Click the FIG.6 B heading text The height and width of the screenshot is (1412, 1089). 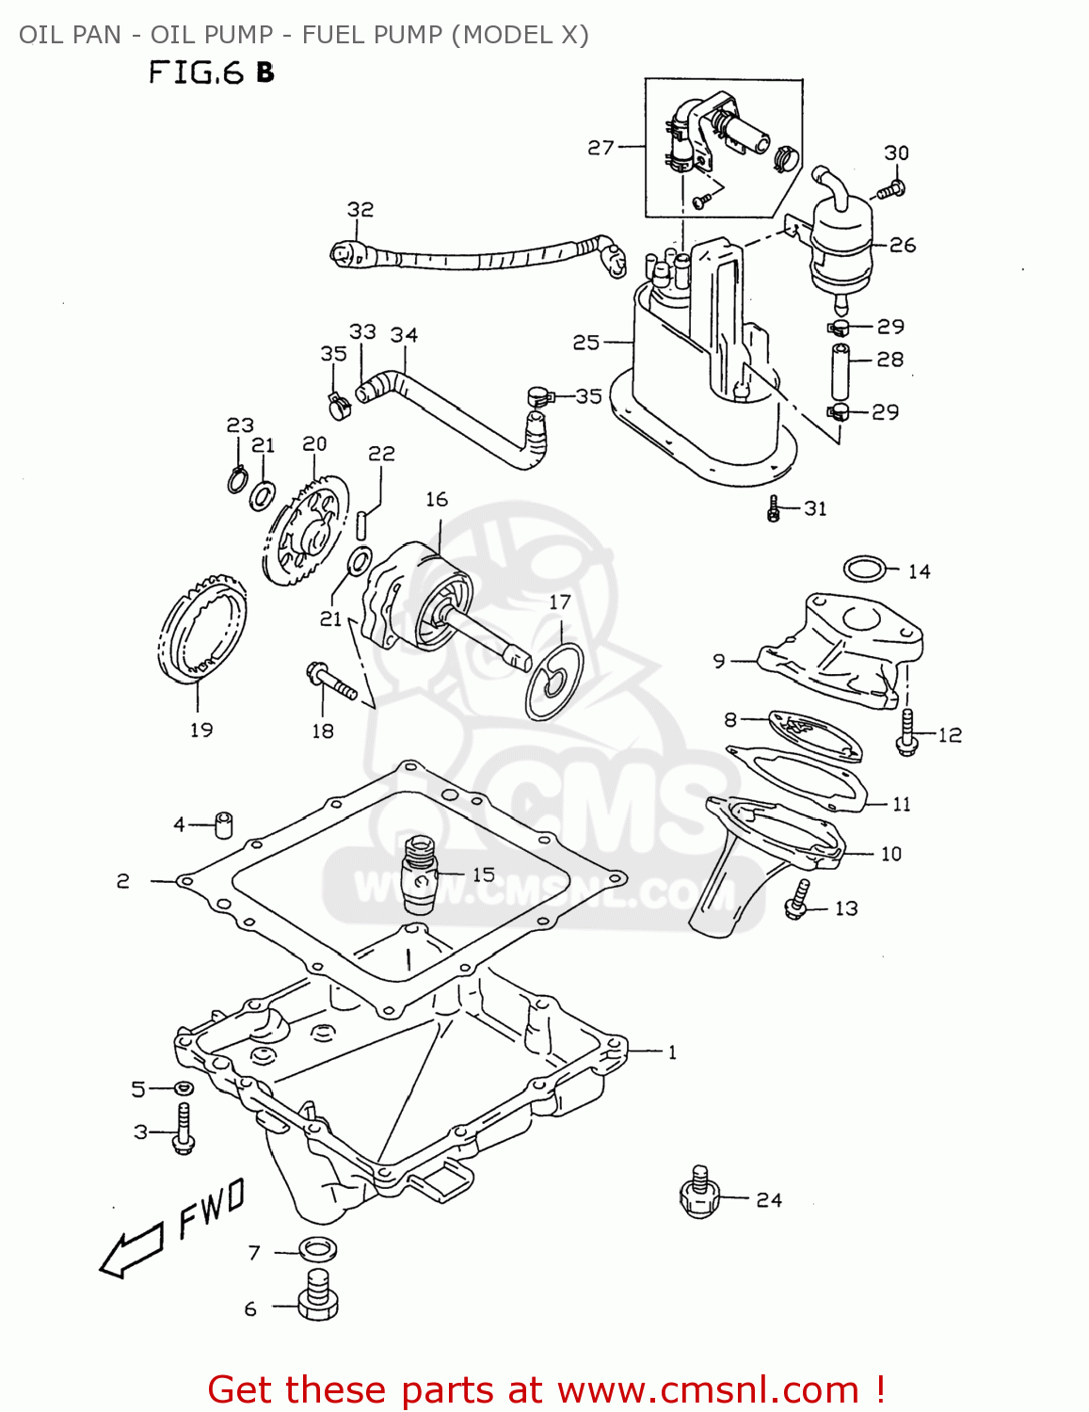tap(211, 72)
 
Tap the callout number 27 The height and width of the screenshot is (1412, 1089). tap(601, 148)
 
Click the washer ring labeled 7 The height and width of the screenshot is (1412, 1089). tap(318, 1251)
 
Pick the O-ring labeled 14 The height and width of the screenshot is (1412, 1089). tap(864, 570)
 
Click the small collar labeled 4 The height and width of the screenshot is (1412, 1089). tap(224, 824)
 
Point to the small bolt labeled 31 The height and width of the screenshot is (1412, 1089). tap(774, 510)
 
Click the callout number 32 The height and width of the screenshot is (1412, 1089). tap(360, 209)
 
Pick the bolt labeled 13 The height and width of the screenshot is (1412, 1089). tap(797, 899)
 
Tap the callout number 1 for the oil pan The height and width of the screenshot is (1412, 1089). tap(672, 1052)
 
